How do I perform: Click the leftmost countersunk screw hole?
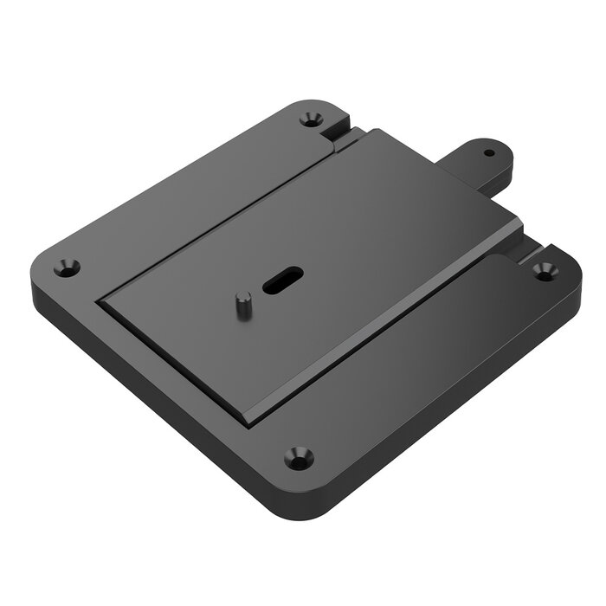click(67, 268)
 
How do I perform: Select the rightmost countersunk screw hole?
click(545, 270)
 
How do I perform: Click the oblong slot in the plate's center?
click(282, 279)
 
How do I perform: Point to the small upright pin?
click(244, 305)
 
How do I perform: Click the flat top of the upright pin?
click(244, 298)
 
